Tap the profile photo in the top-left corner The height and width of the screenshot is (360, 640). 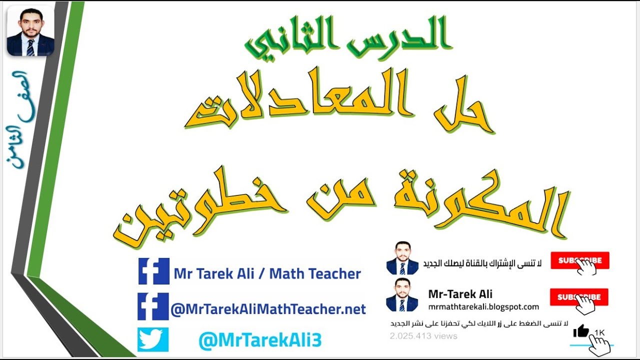(30, 30)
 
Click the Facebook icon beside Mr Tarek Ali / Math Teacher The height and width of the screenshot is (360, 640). (153, 271)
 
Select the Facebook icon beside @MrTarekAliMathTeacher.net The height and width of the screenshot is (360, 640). (153, 306)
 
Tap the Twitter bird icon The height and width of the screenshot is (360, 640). (153, 339)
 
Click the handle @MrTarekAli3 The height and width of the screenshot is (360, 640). (259, 340)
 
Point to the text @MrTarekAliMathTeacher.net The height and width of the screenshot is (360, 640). (268, 309)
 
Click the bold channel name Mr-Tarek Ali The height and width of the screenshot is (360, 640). (460, 294)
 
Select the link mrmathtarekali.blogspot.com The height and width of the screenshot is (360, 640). (483, 306)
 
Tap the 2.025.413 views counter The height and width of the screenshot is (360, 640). (423, 336)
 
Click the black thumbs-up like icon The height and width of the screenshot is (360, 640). (581, 330)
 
